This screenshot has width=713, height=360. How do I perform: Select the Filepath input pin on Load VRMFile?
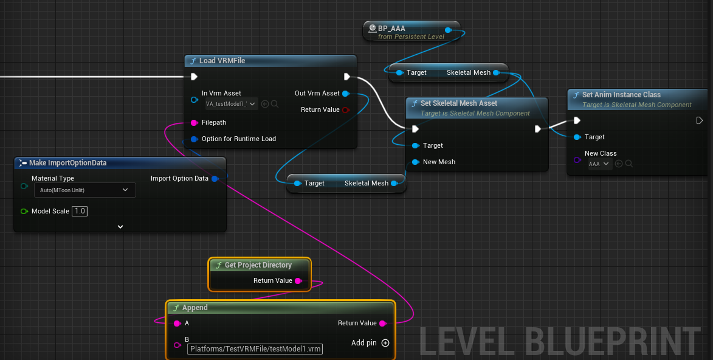click(194, 122)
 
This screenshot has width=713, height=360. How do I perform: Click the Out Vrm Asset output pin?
click(345, 93)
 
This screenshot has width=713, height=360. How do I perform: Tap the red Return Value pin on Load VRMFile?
click(345, 109)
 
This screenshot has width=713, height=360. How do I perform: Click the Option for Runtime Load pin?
click(194, 139)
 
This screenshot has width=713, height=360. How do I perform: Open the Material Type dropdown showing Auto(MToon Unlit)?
click(84, 190)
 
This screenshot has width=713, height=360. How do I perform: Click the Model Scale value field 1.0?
click(79, 211)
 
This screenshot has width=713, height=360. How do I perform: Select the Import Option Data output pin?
click(215, 178)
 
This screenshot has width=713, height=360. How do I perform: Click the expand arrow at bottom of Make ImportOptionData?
click(120, 227)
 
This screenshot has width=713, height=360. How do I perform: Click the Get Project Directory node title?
click(258, 265)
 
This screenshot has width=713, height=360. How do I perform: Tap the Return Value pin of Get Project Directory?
click(298, 281)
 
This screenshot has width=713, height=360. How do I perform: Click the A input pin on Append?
click(177, 323)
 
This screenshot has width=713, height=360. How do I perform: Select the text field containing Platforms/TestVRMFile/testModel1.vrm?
click(255, 349)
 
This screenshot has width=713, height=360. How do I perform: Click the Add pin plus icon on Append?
click(385, 343)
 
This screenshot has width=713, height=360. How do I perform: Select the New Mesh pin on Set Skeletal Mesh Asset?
click(416, 162)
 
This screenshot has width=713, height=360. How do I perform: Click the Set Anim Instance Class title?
click(621, 95)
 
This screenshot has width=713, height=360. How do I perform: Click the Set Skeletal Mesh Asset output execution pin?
click(538, 129)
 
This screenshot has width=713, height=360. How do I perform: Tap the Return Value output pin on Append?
click(382, 323)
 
